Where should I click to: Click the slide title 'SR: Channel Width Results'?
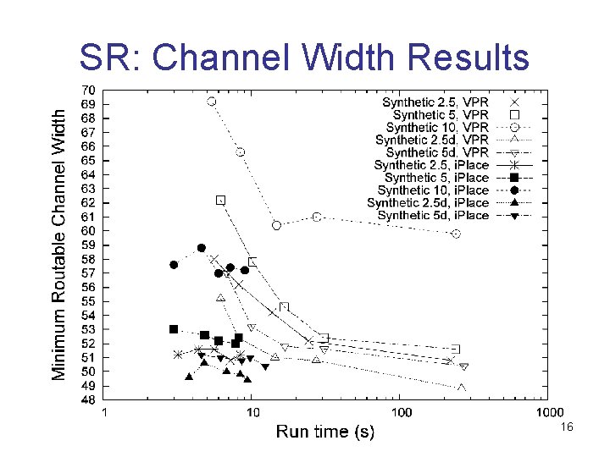click(x=304, y=57)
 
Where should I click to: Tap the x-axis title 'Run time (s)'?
click(x=325, y=432)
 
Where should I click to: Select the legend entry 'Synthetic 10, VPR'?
click(x=437, y=127)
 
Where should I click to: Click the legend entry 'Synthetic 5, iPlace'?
click(x=437, y=178)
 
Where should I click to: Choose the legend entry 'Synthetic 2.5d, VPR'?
click(x=432, y=140)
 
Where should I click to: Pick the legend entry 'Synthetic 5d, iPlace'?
click(x=434, y=216)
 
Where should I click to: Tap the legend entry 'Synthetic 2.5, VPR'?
click(x=441, y=102)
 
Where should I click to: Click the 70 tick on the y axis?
click(x=87, y=90)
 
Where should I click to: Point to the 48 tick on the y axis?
click(x=87, y=399)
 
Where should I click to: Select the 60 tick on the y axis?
click(x=87, y=230)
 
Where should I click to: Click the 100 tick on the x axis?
click(x=401, y=413)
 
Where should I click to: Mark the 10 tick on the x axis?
click(x=252, y=413)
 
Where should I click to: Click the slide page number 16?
click(x=567, y=429)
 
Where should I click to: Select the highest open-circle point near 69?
click(x=212, y=102)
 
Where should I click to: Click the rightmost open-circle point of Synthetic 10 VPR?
click(x=457, y=234)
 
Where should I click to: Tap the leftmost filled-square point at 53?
click(x=174, y=329)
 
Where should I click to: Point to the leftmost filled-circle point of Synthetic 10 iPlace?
click(x=174, y=265)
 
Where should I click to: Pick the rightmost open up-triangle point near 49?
click(x=462, y=388)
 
